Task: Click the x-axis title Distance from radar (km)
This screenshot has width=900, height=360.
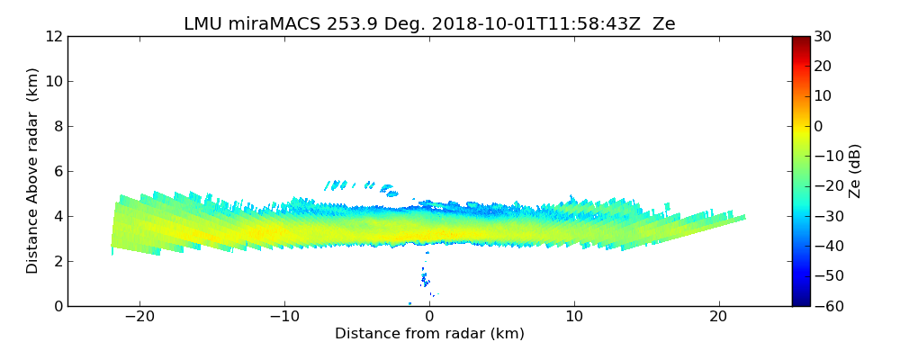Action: coord(429,334)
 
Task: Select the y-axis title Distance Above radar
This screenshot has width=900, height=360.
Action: coord(33,171)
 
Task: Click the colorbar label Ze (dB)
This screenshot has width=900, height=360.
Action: coord(855,171)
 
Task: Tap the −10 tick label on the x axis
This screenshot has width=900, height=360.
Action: coord(283,317)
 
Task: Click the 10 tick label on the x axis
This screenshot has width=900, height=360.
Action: coord(574,317)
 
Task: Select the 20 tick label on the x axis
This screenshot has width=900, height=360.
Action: coord(719,317)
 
